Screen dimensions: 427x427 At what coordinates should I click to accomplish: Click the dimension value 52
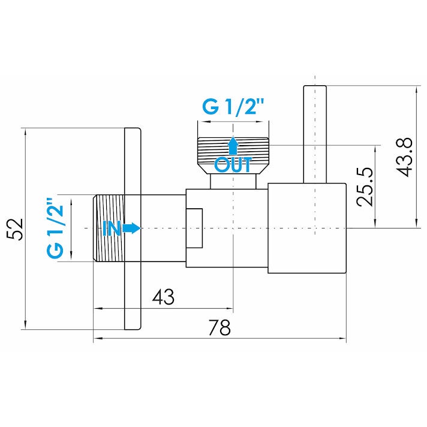[x=14, y=229]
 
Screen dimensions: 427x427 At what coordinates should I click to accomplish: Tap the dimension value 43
[x=163, y=297]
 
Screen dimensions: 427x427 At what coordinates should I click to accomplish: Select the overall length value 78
[x=219, y=327]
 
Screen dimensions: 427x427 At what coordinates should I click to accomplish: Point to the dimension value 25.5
[x=365, y=187]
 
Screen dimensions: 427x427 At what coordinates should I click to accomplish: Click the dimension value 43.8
[x=404, y=157]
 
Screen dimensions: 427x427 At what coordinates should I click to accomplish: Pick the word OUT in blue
[x=233, y=165]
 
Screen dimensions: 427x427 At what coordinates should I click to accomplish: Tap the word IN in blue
[x=112, y=228]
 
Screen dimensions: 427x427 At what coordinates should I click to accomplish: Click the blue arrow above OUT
[x=233, y=146]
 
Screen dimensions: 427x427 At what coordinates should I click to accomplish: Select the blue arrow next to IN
[x=131, y=228]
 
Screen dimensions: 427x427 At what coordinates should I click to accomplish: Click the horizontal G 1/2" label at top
[x=233, y=107]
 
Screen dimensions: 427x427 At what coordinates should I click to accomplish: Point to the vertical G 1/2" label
[x=56, y=228]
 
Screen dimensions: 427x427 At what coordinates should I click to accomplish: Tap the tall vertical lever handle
[x=315, y=134]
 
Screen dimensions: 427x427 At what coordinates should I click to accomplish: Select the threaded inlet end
[x=109, y=228]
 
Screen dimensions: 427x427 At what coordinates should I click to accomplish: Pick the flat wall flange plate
[x=133, y=228]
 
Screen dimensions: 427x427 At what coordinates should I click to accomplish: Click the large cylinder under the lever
[x=307, y=228]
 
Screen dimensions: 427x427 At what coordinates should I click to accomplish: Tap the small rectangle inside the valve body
[x=194, y=228]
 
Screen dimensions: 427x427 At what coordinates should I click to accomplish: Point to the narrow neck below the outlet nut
[x=233, y=181]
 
